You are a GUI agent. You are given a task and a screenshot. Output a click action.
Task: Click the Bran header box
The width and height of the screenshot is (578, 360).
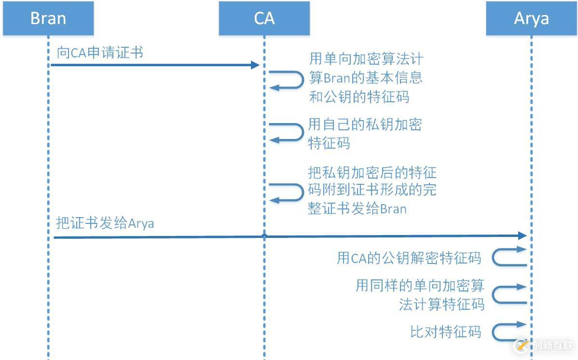[48, 18]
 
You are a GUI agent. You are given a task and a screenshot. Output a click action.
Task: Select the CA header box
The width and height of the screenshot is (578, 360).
[264, 18]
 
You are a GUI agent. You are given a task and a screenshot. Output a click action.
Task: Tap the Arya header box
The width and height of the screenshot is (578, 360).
[531, 18]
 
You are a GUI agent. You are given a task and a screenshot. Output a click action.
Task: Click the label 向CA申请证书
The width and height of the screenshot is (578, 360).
[100, 53]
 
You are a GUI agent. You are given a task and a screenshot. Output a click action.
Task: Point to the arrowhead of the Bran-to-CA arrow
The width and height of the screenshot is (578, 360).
[256, 65]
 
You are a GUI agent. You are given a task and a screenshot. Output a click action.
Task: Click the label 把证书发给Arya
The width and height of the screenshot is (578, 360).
[105, 223]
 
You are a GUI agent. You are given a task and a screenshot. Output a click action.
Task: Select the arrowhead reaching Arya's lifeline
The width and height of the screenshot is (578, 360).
[522, 235]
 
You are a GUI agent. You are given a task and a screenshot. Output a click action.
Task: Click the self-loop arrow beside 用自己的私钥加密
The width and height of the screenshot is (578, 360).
[286, 132]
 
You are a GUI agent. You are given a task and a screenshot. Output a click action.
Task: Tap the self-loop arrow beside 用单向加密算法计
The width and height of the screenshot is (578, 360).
[286, 80]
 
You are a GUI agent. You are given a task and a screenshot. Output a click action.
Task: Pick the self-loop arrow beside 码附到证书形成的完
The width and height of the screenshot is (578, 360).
[286, 192]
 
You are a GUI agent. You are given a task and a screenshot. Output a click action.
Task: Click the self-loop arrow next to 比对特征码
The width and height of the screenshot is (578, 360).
[509, 332]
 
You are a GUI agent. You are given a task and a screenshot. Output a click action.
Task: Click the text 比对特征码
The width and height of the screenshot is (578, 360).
[445, 332]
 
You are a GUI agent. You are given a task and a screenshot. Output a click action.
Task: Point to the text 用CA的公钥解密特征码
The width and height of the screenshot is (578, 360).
[409, 258]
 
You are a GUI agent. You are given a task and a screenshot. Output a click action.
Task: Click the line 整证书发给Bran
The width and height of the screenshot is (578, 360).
[357, 209]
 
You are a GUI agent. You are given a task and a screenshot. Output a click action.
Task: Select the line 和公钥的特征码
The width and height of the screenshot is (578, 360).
[359, 97]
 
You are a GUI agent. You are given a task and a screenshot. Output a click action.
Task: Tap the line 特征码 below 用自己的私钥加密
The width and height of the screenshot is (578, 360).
[329, 143]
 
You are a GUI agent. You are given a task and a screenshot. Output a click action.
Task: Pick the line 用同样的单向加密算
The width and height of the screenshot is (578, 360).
[420, 286]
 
